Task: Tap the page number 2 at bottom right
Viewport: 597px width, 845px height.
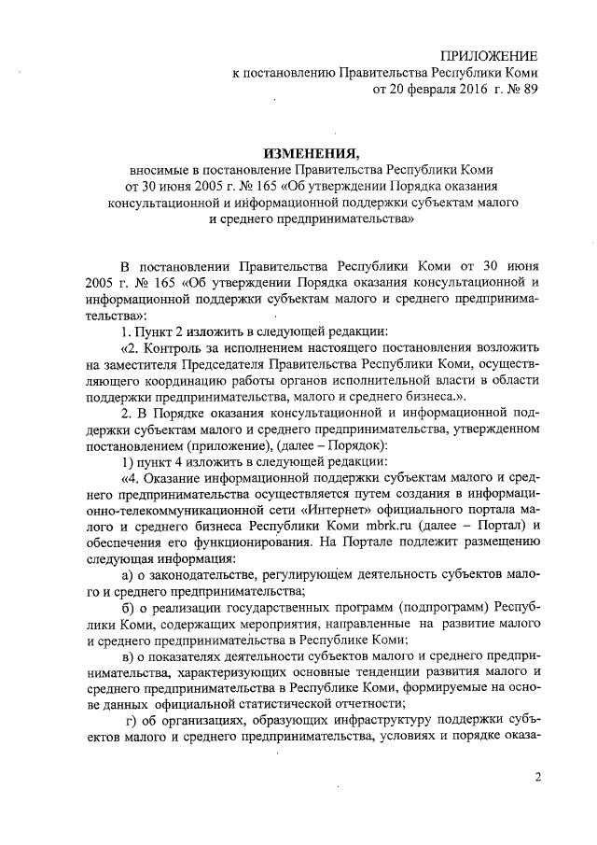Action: pyautogui.click(x=537, y=778)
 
